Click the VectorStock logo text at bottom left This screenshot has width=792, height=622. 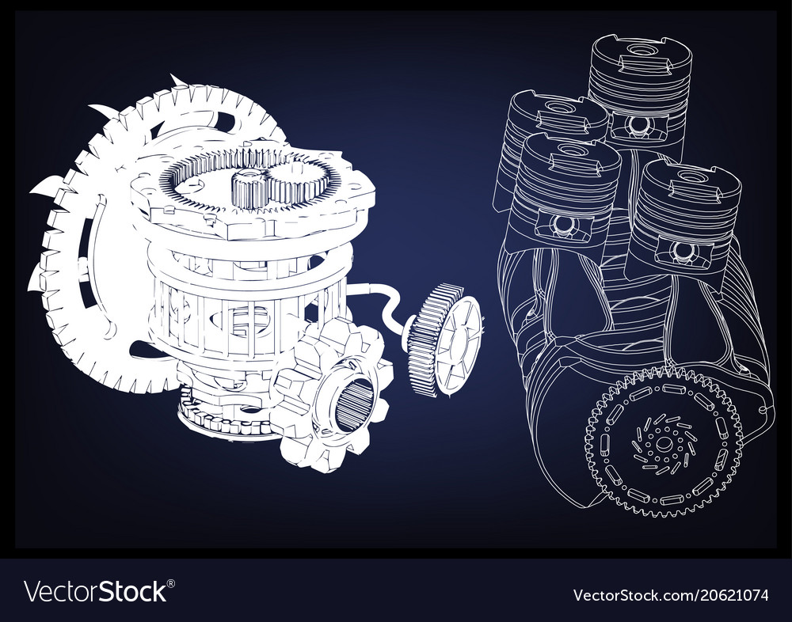95,591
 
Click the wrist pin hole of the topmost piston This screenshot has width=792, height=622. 639,123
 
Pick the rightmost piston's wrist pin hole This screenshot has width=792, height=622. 683,251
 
